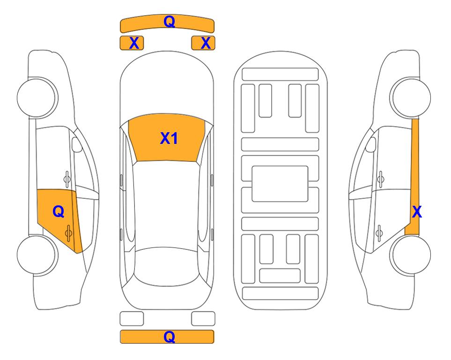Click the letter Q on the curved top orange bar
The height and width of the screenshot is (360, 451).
(x=169, y=21)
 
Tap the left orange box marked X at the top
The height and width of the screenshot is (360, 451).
(x=132, y=43)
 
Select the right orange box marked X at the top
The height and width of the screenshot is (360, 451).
(x=203, y=43)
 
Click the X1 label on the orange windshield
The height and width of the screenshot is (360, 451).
(x=169, y=138)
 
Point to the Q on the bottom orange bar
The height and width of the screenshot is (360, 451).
(x=169, y=337)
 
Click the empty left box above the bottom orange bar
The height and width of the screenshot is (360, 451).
(x=132, y=319)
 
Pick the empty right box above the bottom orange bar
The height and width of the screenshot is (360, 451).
(x=203, y=319)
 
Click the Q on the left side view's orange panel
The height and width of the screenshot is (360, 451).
(x=59, y=212)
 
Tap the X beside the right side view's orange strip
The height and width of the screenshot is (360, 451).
(x=417, y=212)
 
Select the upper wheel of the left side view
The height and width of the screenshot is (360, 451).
(x=37, y=97)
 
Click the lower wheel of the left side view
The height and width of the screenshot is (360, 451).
(x=37, y=255)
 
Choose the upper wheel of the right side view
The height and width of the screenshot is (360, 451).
(x=410, y=97)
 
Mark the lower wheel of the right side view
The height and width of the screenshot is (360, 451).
(x=410, y=255)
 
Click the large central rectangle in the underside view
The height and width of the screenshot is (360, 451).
(x=280, y=184)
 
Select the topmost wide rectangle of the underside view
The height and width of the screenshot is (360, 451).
(x=280, y=75)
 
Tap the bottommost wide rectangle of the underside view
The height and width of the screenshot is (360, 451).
(x=281, y=293)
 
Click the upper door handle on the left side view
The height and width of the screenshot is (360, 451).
(x=67, y=179)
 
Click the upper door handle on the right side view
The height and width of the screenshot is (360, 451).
(x=381, y=179)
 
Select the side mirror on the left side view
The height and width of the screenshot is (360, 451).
(x=77, y=144)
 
